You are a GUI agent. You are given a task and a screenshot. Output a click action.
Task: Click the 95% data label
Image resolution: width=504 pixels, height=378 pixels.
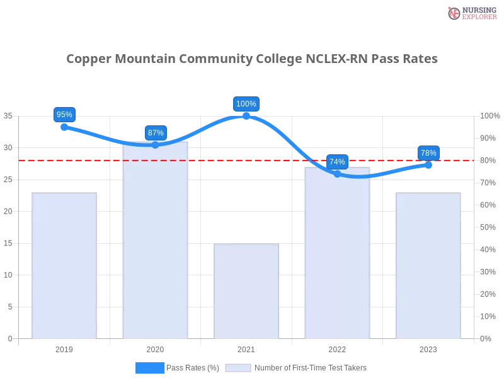[64, 115]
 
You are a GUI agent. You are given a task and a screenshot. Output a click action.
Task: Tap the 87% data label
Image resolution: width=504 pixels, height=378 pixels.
[156, 132]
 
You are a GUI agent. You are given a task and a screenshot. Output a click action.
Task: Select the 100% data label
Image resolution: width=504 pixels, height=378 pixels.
[246, 104]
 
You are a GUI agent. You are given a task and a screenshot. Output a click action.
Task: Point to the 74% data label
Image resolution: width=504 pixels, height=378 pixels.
[337, 162]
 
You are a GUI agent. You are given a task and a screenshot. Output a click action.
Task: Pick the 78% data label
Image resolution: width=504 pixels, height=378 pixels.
[428, 152]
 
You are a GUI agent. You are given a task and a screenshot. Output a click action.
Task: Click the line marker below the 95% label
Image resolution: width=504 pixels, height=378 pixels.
[65, 127]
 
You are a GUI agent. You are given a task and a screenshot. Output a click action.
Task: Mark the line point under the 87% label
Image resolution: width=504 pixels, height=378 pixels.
[156, 145]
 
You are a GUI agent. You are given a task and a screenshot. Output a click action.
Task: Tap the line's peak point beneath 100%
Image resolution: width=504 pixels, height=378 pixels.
[246, 116]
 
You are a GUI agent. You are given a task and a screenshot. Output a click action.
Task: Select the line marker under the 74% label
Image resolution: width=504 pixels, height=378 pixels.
[337, 174]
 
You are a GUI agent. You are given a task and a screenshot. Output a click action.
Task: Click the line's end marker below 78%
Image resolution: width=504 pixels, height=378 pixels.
[428, 165]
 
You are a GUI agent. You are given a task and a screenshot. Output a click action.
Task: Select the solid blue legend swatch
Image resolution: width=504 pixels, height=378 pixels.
[149, 367]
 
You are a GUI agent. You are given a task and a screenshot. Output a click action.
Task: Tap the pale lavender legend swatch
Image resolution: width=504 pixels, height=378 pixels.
[238, 367]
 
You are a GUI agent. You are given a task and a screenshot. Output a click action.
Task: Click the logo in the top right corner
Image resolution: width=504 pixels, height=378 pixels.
[471, 13]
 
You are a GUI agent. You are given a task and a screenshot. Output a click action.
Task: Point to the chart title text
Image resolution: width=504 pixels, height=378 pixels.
[252, 59]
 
